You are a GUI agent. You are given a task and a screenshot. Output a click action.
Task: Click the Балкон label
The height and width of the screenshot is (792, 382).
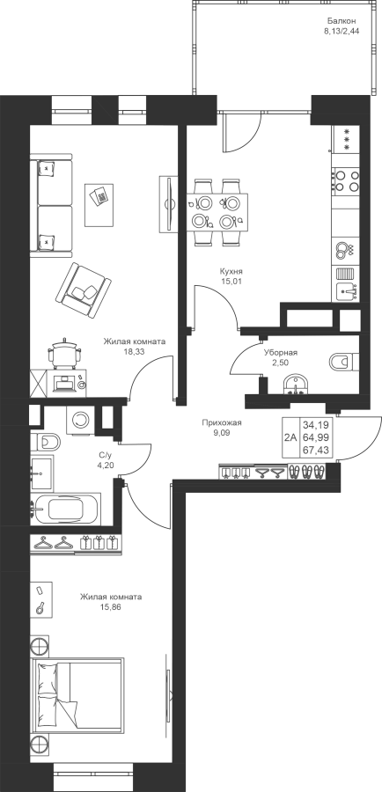coord(342,21)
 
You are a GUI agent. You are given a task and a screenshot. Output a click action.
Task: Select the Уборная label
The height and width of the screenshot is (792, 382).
coord(281,353)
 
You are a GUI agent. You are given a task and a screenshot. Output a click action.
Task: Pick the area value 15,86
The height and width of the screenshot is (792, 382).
coord(111,606)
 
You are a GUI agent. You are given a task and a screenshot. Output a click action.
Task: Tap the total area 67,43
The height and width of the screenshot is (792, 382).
coord(319,450)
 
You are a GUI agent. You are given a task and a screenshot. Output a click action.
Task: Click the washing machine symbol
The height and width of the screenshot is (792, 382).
coord(80,419)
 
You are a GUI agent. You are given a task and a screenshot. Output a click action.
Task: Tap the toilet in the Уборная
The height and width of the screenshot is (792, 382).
coord(344,361)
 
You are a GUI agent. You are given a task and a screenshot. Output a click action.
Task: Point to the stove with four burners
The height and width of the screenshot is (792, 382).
coord(346,180)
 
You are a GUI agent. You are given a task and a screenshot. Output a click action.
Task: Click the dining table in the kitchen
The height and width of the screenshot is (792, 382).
coord(217,211)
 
